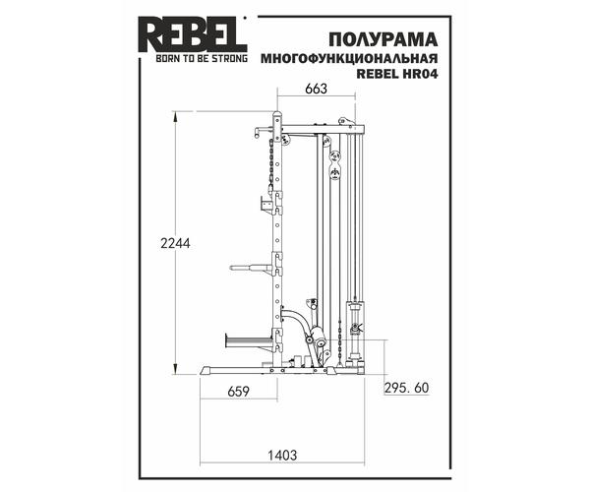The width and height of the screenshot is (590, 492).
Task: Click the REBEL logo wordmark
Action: pos(194,35)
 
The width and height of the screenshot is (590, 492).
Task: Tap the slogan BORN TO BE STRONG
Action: pos(202,58)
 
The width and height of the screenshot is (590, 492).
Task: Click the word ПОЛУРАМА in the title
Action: pos(383,40)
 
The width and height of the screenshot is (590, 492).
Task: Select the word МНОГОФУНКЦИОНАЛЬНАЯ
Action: pos(349,59)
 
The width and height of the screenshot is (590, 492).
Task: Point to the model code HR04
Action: pos(420,74)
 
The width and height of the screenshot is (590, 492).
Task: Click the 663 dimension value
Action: pos(316,89)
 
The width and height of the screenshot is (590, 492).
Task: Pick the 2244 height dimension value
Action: pos(175,244)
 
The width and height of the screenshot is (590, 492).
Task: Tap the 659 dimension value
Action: pos(239,392)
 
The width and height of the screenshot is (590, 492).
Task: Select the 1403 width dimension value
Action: pos(282,456)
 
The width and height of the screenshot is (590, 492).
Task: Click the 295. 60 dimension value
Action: pos(406,388)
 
